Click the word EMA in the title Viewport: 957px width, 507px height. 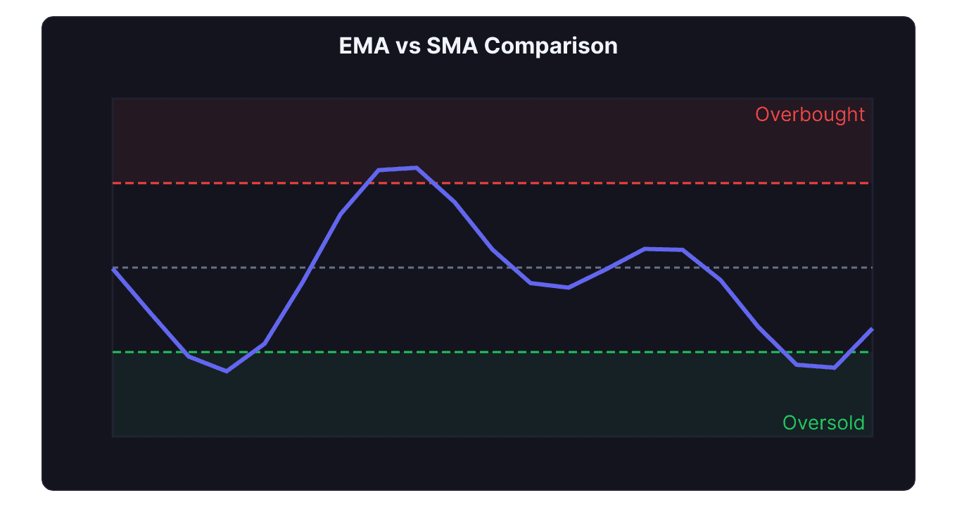point(360,46)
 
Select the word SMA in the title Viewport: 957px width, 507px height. point(452,46)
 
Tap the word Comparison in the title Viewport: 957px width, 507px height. point(551,46)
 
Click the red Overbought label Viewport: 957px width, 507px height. point(810,115)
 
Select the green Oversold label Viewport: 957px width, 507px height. point(823,423)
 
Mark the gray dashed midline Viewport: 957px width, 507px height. point(422,268)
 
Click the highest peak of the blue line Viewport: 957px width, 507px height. point(417,168)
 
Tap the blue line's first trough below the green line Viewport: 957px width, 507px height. point(227,370)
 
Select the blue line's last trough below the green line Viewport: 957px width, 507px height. point(834,368)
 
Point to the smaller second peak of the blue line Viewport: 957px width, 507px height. point(646,249)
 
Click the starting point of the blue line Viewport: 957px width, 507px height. point(113,269)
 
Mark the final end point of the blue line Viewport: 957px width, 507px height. point(873,329)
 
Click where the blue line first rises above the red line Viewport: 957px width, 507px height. point(367,183)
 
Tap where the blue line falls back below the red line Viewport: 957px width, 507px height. point(434,183)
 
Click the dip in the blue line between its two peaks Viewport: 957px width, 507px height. point(568,287)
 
